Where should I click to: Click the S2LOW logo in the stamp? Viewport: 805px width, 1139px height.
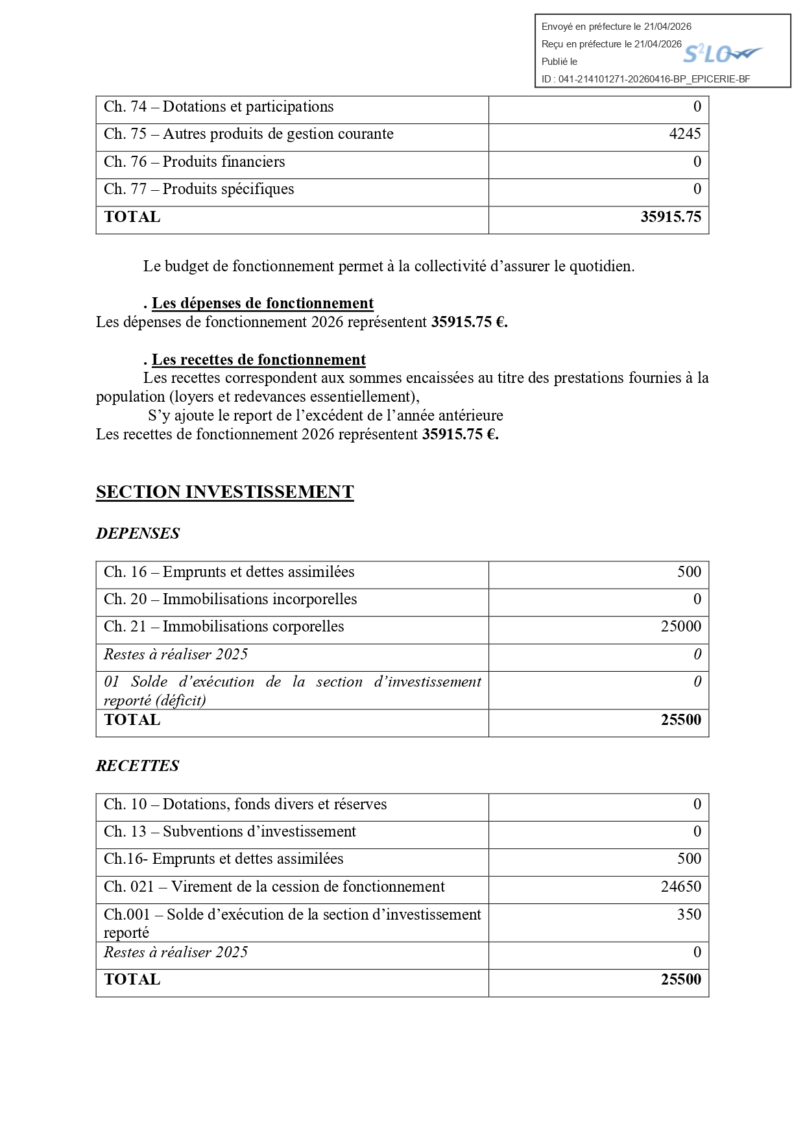point(722,54)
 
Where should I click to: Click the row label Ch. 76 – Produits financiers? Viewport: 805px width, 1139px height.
point(194,162)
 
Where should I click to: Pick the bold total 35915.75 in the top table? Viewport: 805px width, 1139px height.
point(670,217)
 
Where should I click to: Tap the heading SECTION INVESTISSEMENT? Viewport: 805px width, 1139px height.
point(224,492)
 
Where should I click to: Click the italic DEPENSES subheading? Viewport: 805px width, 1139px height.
point(138,533)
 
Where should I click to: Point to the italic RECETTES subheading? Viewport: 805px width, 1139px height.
point(138,766)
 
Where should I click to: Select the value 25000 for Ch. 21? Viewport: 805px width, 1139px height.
point(680,626)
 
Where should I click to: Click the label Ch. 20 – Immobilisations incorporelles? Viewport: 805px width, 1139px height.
point(230,599)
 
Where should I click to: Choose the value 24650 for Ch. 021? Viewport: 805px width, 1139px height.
point(680,887)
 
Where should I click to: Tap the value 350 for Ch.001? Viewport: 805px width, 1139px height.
point(689,914)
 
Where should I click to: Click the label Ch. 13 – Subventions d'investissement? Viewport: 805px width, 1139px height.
point(230,831)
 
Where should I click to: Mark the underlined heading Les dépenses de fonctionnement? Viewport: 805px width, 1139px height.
point(262,304)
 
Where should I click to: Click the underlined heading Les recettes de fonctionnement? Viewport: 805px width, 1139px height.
point(258,360)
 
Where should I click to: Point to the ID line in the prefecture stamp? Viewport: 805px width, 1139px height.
point(645,79)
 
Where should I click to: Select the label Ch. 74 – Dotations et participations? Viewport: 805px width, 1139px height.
point(219,107)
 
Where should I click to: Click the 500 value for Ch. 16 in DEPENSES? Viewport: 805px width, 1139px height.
point(689,572)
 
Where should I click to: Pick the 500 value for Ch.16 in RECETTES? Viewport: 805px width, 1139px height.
point(689,859)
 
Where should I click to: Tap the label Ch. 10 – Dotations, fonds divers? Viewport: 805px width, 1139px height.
point(245,804)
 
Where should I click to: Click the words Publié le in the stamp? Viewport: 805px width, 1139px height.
point(559,62)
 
